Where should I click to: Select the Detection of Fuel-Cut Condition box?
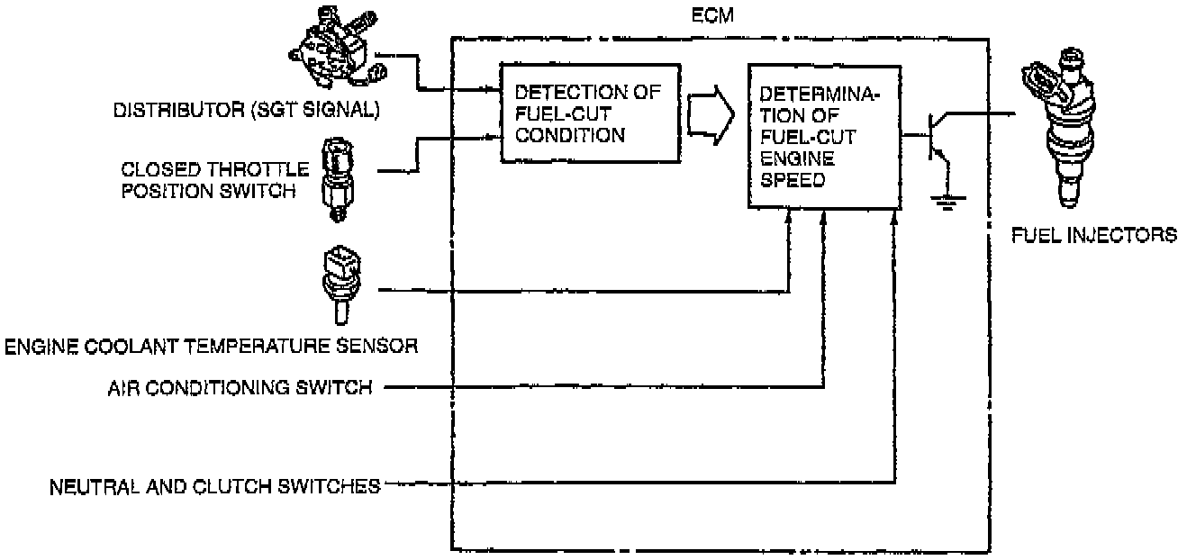point(589,113)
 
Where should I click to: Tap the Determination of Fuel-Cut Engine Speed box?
point(822,135)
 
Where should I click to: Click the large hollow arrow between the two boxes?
point(712,114)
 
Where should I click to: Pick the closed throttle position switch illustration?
point(338,178)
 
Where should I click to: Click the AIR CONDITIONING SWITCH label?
point(240,389)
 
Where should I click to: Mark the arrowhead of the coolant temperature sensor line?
point(789,216)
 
